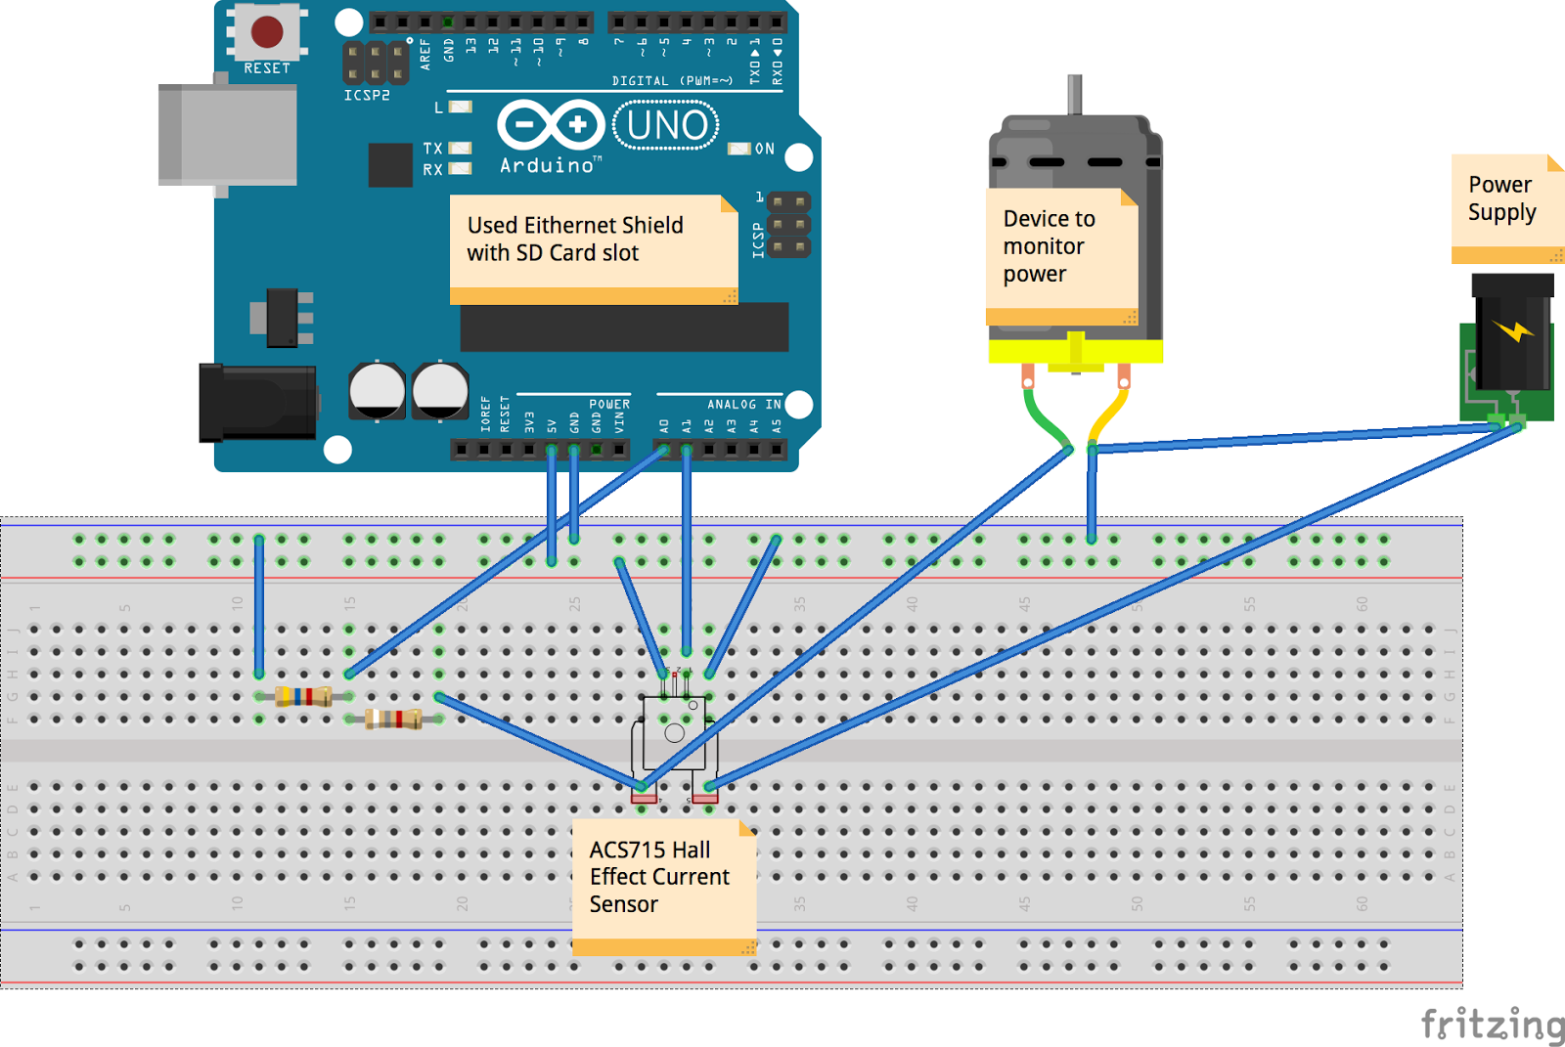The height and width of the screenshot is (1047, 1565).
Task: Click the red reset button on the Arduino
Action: click(267, 32)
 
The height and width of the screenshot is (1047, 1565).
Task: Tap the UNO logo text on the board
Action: click(667, 126)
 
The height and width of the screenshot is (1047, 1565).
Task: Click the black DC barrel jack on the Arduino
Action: click(256, 402)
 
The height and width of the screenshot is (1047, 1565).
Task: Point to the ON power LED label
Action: click(764, 150)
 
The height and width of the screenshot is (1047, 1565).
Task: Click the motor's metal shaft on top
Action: click(1074, 94)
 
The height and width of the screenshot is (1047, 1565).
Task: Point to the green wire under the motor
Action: click(1045, 419)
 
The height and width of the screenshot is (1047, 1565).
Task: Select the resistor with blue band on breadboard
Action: click(303, 696)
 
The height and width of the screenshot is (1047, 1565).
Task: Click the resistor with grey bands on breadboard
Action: click(393, 720)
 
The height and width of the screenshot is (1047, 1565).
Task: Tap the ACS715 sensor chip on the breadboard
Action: click(674, 733)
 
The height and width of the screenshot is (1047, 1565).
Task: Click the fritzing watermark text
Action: click(1492, 1025)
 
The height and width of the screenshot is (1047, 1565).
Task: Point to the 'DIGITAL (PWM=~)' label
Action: click(672, 81)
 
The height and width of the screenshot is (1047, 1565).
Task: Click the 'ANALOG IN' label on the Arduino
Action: click(743, 404)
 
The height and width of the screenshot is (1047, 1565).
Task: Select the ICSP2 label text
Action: click(367, 95)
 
